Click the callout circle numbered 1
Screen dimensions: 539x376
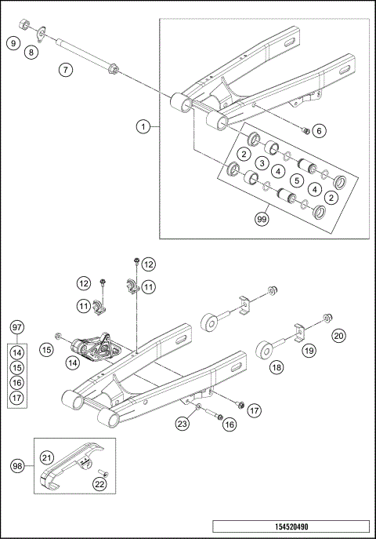[143, 126]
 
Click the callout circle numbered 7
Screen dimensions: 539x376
[66, 71]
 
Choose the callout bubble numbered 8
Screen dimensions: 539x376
[31, 53]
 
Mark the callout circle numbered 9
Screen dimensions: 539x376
[13, 42]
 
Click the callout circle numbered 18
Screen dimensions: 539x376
[277, 366]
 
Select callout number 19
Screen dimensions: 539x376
[309, 352]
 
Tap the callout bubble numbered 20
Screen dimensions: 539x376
[338, 335]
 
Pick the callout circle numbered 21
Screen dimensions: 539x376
[47, 457]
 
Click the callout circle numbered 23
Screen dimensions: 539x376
[182, 424]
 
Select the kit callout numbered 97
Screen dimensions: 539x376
[17, 326]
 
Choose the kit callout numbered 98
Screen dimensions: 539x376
[16, 464]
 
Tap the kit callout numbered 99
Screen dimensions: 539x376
[262, 220]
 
